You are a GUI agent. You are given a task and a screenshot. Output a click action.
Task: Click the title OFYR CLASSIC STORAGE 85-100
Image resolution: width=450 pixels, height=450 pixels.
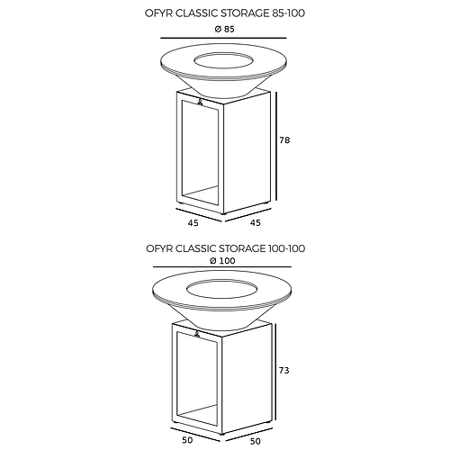[x=224, y=14]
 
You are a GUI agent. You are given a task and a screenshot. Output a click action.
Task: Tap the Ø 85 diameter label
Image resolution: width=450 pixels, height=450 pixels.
[x=224, y=30]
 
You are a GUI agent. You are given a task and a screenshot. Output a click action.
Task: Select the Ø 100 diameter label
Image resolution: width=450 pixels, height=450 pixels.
[x=224, y=260]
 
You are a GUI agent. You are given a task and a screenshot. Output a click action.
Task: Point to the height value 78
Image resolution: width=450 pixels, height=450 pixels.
[x=286, y=140]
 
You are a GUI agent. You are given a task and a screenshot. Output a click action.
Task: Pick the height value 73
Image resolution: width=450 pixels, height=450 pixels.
[x=286, y=370]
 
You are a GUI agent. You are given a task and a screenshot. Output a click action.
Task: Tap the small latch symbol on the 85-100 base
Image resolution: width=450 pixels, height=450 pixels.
[x=199, y=103]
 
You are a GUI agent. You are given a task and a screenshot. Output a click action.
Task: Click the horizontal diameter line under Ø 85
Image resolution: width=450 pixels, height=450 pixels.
[x=224, y=39]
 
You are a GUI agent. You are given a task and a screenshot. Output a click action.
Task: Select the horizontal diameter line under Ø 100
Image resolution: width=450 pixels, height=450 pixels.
[x=224, y=268]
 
